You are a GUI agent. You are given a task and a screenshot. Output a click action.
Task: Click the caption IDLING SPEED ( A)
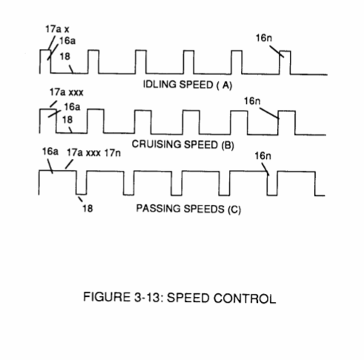pos(188,85)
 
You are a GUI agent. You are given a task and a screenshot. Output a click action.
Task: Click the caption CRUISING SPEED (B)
pos(182,144)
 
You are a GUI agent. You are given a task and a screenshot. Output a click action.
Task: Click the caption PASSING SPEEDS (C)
pos(188,209)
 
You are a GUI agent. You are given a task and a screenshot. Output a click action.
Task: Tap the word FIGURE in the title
pos(107,297)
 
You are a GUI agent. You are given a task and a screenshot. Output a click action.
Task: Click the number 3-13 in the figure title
pos(148,297)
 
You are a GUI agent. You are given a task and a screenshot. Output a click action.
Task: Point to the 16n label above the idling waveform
pos(264,38)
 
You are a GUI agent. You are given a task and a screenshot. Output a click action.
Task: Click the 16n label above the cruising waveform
pos(252,101)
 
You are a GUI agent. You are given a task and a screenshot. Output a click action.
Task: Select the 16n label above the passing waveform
pos(262,156)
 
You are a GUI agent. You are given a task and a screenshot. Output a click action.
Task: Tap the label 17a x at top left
pos(57,29)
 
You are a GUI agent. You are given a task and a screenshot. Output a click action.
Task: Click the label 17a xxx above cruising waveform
pos(67,92)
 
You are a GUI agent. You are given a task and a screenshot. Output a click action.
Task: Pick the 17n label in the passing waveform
pos(113,153)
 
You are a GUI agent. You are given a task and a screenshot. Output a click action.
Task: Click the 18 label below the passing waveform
pos(87,209)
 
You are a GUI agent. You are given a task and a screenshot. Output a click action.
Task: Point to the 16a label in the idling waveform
pos(67,41)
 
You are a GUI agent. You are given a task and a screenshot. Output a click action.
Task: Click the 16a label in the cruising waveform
pos(72,107)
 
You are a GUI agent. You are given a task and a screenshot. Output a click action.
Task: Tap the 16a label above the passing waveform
pos(50,151)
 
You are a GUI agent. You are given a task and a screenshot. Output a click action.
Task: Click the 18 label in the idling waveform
pos(65,56)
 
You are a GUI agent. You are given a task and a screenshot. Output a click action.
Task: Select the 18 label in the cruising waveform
pos(67,120)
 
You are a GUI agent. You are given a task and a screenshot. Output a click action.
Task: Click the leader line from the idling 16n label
pos(277,51)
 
